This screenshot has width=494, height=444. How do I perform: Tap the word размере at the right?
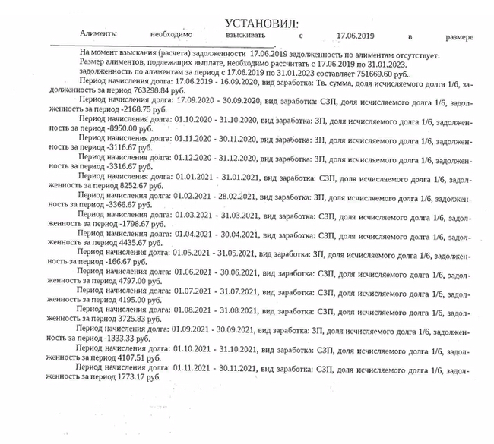click(x=459, y=36)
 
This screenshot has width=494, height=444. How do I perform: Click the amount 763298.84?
click(x=132, y=90)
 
